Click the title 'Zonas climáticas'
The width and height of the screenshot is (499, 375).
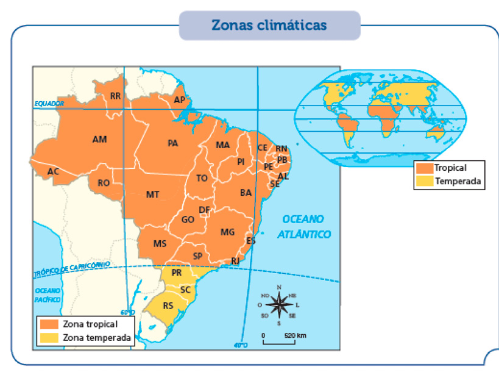tap(269, 26)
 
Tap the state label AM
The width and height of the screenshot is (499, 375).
tap(99, 140)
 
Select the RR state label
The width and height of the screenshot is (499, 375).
tap(115, 96)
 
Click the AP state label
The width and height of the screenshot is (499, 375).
tap(179, 100)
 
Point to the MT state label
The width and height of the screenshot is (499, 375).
tap(152, 195)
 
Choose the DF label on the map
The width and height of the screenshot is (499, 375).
tap(205, 210)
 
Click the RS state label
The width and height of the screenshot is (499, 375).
tap(168, 305)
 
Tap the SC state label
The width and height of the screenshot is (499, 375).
tap(186, 290)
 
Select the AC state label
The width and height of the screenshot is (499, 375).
tap(53, 172)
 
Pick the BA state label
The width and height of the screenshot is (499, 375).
tap(246, 193)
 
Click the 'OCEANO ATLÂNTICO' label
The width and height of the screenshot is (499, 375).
tap(303, 227)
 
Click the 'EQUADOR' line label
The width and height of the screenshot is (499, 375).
tap(49, 104)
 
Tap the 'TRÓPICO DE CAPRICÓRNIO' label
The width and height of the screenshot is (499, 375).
tap(72, 269)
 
